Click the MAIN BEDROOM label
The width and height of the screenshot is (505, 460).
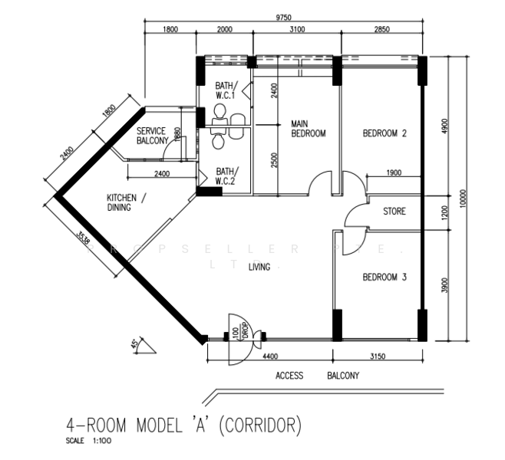point(308,128)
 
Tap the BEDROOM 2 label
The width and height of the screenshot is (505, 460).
point(385,133)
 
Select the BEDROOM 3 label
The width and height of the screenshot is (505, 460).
point(384,278)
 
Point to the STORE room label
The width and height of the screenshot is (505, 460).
point(394,212)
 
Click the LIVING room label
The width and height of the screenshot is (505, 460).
point(262,267)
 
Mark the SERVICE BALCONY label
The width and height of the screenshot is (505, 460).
point(151,136)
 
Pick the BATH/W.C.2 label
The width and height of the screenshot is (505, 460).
point(227,176)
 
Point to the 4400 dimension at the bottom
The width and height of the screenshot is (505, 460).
point(271,357)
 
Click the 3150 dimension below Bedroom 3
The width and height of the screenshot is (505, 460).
point(378,357)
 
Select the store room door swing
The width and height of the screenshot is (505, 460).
point(355,217)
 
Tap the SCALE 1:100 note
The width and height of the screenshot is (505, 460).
point(88,442)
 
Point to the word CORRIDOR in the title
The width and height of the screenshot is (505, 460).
point(258,424)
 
